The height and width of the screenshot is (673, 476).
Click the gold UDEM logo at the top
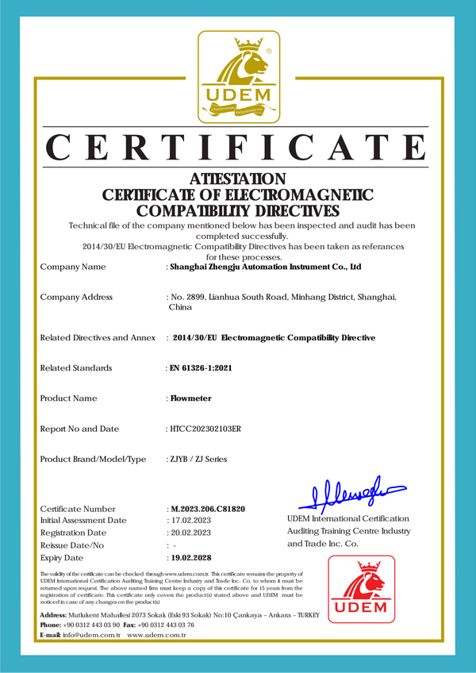point(238,79)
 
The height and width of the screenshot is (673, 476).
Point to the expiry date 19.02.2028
point(193,558)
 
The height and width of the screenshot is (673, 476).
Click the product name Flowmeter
point(191,398)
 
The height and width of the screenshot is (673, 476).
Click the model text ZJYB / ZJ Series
point(198,460)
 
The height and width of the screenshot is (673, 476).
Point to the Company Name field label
point(72,267)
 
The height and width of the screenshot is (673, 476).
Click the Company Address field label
point(76,298)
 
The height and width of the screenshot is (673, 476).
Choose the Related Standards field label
point(76,368)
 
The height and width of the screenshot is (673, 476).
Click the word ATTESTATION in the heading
point(238,179)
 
